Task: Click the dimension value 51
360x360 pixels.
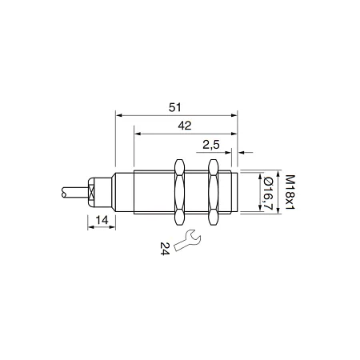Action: tap(175, 107)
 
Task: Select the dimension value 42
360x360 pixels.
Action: tap(185, 126)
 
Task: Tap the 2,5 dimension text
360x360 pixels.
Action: tap(211, 145)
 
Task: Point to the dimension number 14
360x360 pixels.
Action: tap(102, 220)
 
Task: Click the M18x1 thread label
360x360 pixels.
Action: tap(290, 192)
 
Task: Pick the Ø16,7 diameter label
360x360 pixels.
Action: tap(268, 193)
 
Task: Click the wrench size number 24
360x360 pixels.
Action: tap(165, 249)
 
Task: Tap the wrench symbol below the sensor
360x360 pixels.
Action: tap(187, 240)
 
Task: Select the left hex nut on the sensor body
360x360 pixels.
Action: tap(179, 192)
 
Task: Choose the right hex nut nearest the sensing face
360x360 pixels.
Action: tap(213, 192)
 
